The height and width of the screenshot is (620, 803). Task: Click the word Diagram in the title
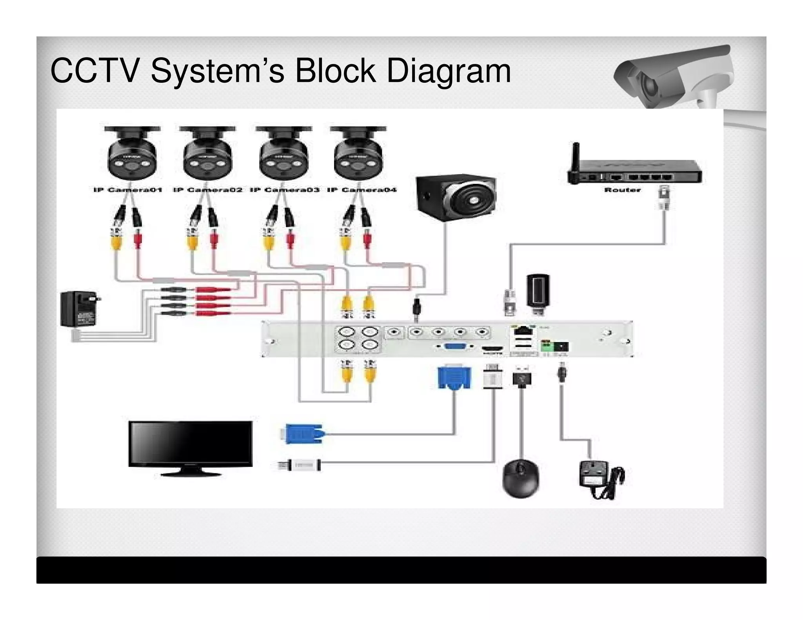click(449, 71)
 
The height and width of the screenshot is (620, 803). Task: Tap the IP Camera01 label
click(128, 190)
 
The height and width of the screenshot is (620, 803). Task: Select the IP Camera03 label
click(285, 190)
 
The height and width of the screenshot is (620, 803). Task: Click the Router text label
click(622, 190)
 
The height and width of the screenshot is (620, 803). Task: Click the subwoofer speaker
click(456, 199)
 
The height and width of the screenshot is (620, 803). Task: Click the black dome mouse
click(521, 479)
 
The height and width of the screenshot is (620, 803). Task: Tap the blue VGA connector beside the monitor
click(303, 433)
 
